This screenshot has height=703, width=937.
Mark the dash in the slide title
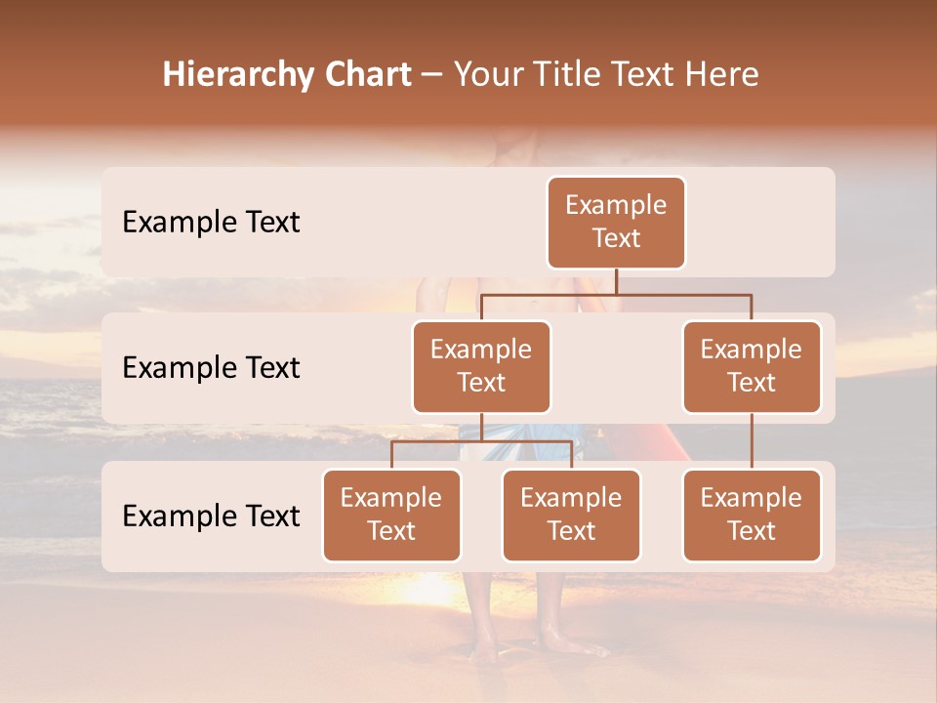[x=432, y=75]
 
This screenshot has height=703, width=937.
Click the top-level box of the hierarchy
[x=616, y=222]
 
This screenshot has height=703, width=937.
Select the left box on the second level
[x=481, y=366]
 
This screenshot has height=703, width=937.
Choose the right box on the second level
[x=752, y=366]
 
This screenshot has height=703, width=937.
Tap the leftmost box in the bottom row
[x=391, y=515]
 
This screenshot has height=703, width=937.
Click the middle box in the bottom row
[x=571, y=515]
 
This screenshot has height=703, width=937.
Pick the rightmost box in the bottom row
[x=752, y=515]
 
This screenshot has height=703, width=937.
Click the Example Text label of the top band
[x=211, y=222]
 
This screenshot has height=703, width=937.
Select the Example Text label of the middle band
[x=211, y=367]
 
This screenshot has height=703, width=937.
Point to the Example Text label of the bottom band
[x=211, y=516]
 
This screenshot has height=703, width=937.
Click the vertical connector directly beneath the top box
[x=616, y=281]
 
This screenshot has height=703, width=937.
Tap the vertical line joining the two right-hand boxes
[x=752, y=441]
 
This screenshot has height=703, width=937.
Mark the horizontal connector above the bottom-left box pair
[x=481, y=441]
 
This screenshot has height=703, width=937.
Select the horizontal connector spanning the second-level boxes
[x=616, y=294]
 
